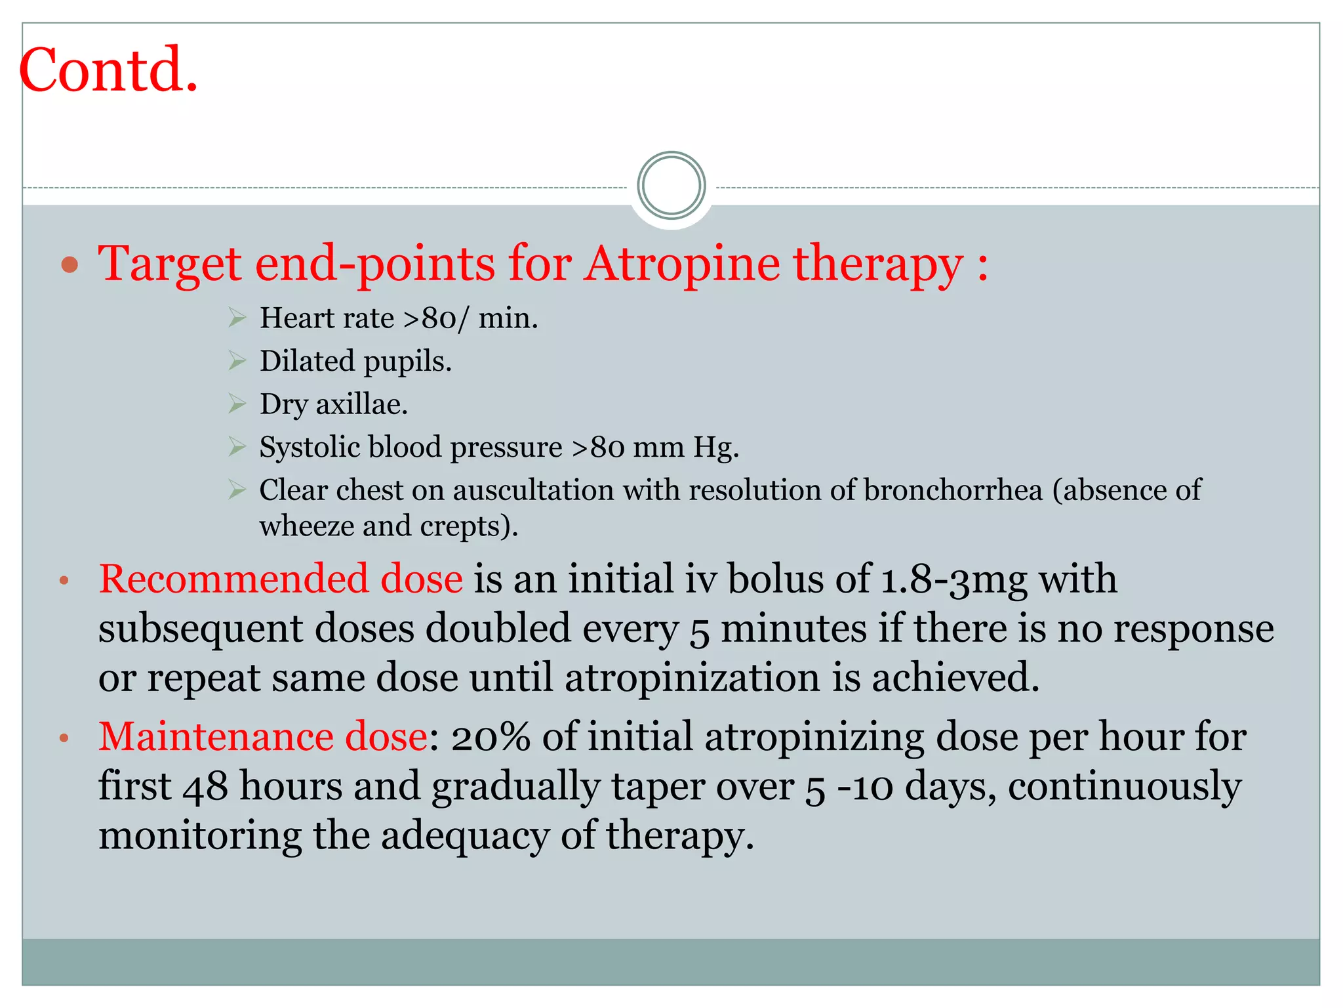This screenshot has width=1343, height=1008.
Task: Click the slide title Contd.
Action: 109,70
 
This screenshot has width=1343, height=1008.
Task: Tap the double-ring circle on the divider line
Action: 671,186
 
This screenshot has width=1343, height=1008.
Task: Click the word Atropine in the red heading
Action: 683,264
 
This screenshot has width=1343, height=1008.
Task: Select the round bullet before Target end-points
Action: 70,265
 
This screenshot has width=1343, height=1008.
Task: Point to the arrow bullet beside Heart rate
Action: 237,318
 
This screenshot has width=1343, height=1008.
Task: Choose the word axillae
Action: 362,404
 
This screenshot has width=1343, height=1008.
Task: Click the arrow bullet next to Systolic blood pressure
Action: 237,447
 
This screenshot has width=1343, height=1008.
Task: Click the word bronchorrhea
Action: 953,490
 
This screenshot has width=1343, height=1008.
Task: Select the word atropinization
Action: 692,677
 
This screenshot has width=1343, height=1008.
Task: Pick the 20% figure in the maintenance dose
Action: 491,736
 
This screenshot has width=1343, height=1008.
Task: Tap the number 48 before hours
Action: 205,786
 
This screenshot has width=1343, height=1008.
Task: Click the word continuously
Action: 1124,786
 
